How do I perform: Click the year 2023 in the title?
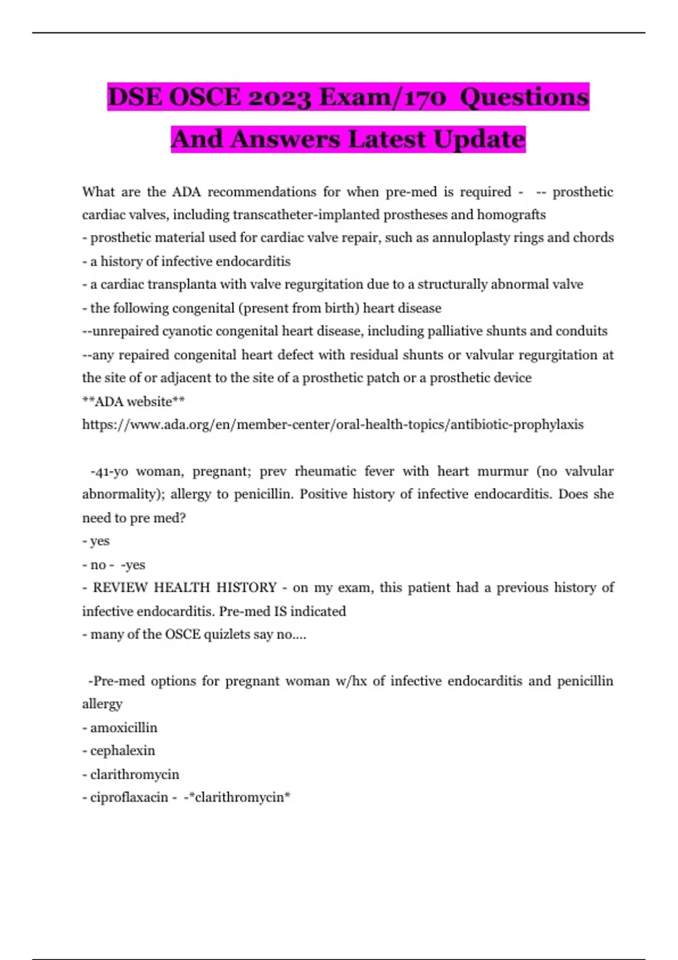(279, 97)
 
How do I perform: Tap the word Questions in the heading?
(524, 97)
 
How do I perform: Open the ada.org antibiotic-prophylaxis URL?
(333, 425)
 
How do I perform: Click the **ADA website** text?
(133, 402)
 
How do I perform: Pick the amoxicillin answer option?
(124, 728)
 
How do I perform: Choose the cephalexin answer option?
(123, 751)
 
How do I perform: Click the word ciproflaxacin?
(129, 797)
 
